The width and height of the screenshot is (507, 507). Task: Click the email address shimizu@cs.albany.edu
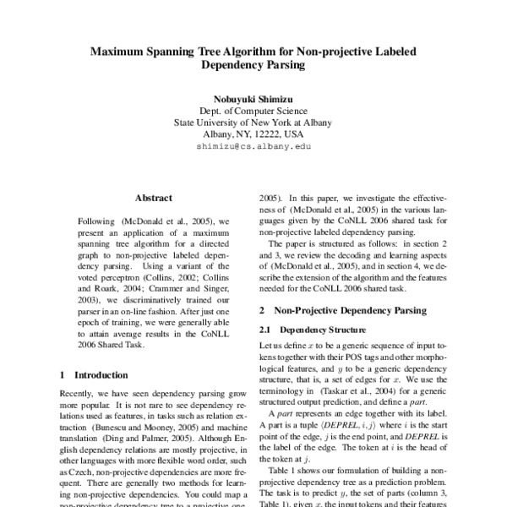point(253,146)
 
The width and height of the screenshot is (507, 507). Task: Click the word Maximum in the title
point(123,50)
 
